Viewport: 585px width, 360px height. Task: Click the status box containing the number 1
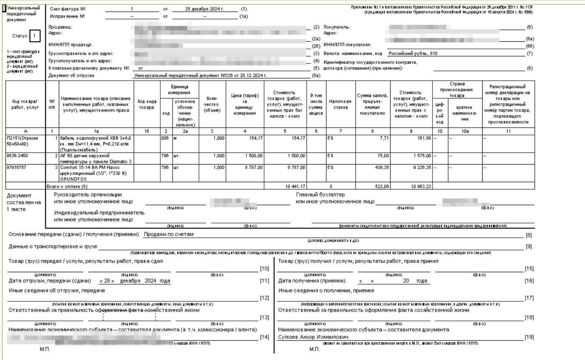click(34, 36)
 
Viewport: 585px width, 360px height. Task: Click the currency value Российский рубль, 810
click(413, 53)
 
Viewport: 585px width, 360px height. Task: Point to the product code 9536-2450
click(17, 156)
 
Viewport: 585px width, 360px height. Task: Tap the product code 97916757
click(16, 167)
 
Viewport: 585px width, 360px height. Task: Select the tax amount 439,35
click(382, 167)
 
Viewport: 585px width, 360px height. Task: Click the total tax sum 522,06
click(382, 186)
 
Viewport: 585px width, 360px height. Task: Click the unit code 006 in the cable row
click(165, 138)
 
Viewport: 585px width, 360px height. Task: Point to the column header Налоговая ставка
click(340, 104)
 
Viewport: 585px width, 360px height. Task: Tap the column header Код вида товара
click(147, 104)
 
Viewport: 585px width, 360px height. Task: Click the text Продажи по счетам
click(169, 234)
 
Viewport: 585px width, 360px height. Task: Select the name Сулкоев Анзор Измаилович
click(313, 337)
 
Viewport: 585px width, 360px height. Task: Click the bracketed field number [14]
click(264, 337)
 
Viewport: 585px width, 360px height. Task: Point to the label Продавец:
click(60, 27)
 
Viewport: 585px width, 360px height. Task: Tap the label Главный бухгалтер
click(320, 195)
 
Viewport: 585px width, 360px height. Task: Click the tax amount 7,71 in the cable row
click(384, 138)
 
